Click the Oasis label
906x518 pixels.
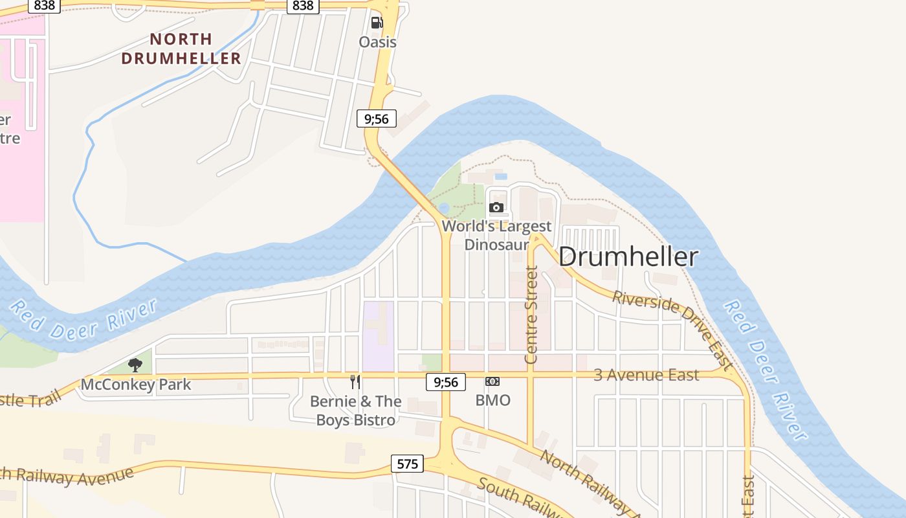click(377, 42)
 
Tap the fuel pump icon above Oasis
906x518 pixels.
click(377, 23)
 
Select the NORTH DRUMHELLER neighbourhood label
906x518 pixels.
click(181, 49)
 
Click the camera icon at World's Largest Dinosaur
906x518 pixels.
click(496, 207)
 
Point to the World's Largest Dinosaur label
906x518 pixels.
click(497, 235)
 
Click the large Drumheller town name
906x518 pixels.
click(628, 256)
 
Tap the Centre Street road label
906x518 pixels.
click(531, 314)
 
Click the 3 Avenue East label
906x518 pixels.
click(646, 375)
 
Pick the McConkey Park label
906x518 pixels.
click(136, 385)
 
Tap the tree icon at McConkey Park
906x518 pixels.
click(135, 365)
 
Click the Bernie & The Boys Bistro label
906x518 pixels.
click(356, 411)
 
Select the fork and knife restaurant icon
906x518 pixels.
click(355, 381)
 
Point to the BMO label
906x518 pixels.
click(493, 400)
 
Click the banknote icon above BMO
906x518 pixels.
click(492, 381)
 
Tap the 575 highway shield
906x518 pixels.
click(407, 464)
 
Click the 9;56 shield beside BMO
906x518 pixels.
click(446, 382)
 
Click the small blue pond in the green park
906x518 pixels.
click(443, 207)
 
